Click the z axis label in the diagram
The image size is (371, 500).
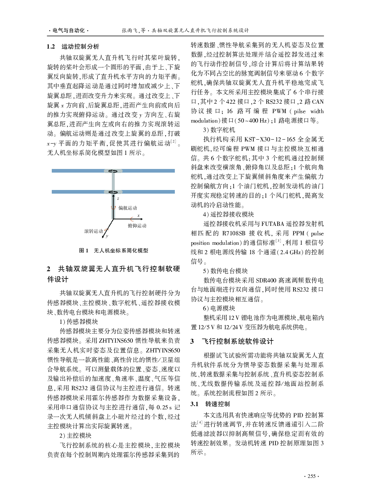(x=118, y=199)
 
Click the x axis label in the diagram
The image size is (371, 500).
(x=138, y=215)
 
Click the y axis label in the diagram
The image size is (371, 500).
(x=107, y=236)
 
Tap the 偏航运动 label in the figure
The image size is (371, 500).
(x=128, y=208)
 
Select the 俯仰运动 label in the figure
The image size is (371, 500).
(x=137, y=226)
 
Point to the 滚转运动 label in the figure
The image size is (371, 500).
(x=93, y=231)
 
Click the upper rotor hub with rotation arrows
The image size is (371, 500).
(x=113, y=171)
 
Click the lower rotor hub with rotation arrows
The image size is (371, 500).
(x=113, y=192)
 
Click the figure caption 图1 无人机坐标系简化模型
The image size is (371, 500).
(x=113, y=251)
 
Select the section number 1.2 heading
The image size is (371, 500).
(x=51, y=46)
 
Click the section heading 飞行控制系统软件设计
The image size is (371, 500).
(x=238, y=341)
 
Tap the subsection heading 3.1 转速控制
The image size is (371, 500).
(x=210, y=404)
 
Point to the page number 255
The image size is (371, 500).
(x=311, y=476)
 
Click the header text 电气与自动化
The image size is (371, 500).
(x=68, y=30)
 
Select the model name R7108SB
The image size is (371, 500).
(x=233, y=233)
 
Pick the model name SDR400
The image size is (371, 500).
(x=266, y=280)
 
